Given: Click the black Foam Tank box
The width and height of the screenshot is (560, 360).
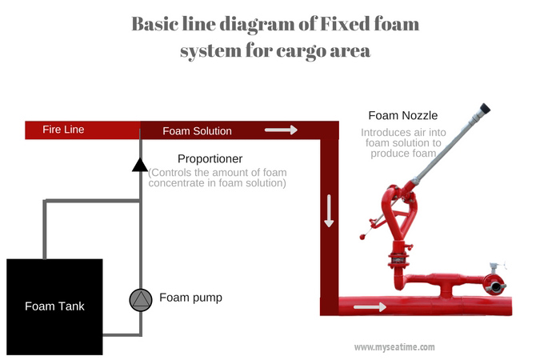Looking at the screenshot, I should (x=54, y=306).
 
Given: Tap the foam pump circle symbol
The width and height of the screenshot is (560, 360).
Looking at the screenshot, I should (x=141, y=299).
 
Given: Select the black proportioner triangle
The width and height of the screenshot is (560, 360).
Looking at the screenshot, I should (x=141, y=166).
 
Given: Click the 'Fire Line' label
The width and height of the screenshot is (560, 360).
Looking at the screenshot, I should (x=64, y=130).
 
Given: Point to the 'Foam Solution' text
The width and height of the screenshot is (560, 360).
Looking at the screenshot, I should (x=197, y=130).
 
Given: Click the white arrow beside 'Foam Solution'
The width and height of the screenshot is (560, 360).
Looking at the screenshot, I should (x=281, y=130).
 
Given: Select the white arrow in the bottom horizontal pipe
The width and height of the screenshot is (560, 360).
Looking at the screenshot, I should (x=370, y=306).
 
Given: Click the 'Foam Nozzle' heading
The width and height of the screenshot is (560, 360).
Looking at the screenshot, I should (x=402, y=115).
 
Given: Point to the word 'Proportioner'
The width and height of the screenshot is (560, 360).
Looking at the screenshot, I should (x=210, y=158).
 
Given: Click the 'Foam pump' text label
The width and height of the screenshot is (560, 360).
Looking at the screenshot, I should (x=190, y=298).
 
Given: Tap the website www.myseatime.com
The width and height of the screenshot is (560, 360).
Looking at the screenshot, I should (x=394, y=347).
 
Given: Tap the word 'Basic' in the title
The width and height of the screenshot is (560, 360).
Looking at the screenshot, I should (x=160, y=23).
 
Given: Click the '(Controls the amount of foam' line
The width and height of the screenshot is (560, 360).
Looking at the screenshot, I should (x=218, y=172).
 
